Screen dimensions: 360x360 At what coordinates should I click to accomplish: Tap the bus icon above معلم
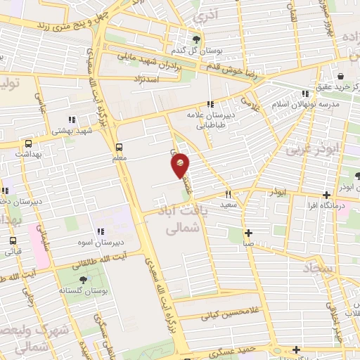tap(118, 147)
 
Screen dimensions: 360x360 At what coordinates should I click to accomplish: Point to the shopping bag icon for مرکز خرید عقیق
tap(340, 76)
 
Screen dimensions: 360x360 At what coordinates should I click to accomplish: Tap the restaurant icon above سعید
tap(227, 193)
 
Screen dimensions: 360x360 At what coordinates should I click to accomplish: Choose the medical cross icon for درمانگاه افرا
tap(326, 195)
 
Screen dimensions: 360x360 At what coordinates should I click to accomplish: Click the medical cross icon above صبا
tap(248, 233)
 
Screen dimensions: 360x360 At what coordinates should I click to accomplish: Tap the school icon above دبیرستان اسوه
tap(101, 231)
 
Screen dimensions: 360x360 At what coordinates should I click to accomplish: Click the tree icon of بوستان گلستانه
tap(83, 278)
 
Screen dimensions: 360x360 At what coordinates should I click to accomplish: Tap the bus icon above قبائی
tap(13, 240)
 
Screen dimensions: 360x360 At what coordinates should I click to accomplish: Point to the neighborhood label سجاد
tap(318, 268)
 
